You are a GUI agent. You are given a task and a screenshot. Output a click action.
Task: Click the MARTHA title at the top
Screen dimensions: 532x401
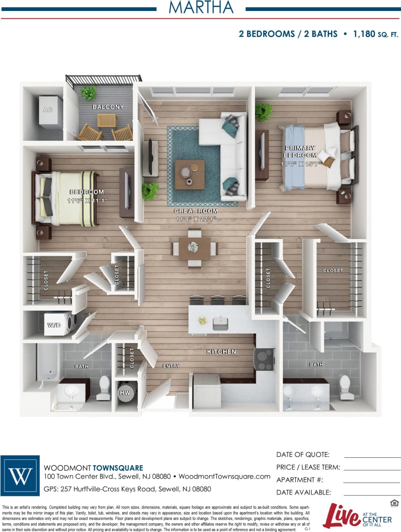tap(201, 8)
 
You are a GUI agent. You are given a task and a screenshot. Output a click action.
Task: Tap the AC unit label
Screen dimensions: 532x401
tap(47, 110)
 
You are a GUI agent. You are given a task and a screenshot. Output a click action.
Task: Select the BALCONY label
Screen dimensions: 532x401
tap(108, 107)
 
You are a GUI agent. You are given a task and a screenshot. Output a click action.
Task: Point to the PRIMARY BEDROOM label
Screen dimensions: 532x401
tap(300, 152)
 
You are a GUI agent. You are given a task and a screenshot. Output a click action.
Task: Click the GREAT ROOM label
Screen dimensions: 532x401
tap(195, 211)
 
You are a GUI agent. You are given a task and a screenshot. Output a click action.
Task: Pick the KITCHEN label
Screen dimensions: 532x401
tap(221, 352)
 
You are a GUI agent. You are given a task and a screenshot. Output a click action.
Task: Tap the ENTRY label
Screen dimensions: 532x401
tap(171, 366)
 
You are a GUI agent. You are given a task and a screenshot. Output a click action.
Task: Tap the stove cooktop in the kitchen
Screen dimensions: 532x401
tap(264, 359)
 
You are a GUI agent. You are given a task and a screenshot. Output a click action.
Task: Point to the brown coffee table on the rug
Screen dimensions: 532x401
tap(190, 174)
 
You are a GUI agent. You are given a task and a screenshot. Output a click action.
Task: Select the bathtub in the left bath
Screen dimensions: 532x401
tap(48, 362)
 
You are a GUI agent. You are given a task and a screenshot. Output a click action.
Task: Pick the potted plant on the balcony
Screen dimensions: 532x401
tap(88, 93)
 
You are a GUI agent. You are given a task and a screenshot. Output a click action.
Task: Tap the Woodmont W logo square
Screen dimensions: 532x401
tap(20, 476)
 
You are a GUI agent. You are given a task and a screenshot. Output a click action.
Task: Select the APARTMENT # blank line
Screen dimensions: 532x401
tap(371, 482)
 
